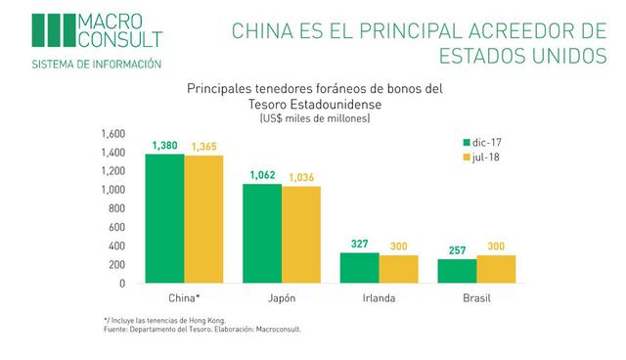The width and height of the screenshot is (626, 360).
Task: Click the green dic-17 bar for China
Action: (164, 219)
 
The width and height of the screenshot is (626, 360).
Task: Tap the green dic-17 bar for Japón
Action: (262, 234)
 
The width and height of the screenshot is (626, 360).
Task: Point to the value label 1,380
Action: (165, 146)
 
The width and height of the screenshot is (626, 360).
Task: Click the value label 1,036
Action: (301, 177)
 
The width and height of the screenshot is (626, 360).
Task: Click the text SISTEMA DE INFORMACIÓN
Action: (96, 64)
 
